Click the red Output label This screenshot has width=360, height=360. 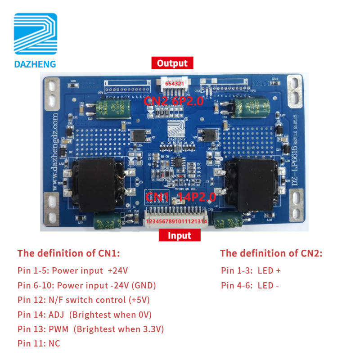172,63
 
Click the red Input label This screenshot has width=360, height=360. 180,235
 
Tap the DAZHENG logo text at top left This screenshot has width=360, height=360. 35,64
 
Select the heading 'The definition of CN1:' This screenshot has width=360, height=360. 69,253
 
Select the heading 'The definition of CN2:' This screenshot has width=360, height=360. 271,253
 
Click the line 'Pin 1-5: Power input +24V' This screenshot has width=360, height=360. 73,271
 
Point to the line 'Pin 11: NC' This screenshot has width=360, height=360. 39,343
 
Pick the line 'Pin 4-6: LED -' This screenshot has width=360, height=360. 250,285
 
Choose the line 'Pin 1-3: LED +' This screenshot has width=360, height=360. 251,271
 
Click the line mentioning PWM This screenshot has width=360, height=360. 90,329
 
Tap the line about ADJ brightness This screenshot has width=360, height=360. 85,315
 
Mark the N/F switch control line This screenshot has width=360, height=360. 84,300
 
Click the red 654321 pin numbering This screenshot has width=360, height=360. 174,84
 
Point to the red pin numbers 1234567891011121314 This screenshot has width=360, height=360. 176,221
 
